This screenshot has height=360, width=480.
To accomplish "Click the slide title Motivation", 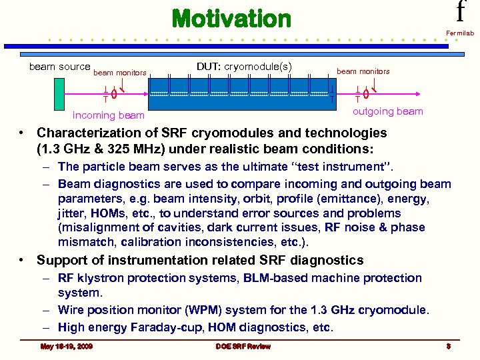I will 231,19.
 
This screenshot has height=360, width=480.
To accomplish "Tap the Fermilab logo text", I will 461,32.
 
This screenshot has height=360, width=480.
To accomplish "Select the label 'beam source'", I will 59,67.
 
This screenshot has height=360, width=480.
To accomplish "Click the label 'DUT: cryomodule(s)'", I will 244,67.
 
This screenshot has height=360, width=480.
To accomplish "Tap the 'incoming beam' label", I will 108,115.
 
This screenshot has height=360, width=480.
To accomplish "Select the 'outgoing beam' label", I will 387,111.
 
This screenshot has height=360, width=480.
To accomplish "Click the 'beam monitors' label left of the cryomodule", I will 119,73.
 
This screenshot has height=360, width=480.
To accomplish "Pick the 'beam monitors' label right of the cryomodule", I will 363,71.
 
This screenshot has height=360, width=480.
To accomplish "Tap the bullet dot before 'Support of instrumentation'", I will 23,261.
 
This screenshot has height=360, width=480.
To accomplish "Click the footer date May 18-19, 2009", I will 66,346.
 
